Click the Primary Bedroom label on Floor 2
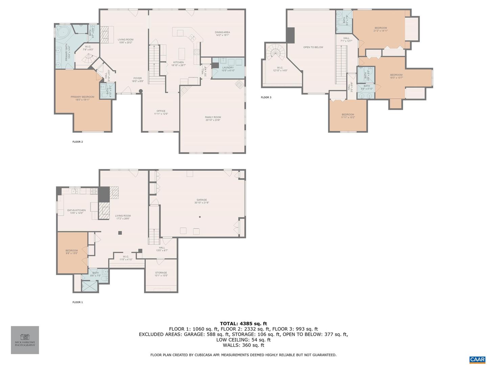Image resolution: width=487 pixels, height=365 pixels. [82, 98]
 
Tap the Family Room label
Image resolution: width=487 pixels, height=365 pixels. [213, 119]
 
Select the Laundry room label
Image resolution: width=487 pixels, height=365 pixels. [228, 69]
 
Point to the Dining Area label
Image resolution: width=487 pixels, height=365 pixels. [222, 33]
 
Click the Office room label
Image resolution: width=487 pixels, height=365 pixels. [161, 112]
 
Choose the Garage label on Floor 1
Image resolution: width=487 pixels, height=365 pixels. [202, 201]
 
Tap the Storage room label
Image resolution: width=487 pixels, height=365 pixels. [161, 274]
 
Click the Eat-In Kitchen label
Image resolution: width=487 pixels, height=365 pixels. [76, 212]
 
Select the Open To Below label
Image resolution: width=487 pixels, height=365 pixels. [313, 47]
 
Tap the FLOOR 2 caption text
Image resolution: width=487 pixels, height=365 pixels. [77, 142]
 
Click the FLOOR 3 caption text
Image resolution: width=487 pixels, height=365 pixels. [266, 97]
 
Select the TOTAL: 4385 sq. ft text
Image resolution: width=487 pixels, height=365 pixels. [243, 323]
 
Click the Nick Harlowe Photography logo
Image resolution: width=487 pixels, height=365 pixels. [25, 340]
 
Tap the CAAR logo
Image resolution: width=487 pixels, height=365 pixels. [477, 359]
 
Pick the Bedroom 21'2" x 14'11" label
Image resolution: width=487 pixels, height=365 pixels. [380, 29]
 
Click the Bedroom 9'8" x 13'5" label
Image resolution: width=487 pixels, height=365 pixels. [72, 252]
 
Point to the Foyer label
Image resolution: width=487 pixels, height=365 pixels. [138, 79]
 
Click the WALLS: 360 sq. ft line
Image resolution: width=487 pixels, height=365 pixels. [243, 345]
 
